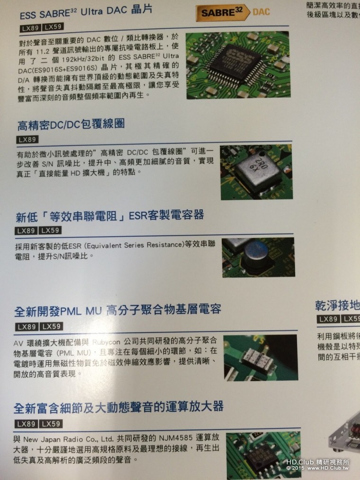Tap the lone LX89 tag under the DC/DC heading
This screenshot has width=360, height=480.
tap(27, 140)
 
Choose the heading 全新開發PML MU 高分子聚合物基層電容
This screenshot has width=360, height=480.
tap(118, 311)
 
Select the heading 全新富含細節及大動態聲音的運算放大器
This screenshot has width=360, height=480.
tap(119, 407)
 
